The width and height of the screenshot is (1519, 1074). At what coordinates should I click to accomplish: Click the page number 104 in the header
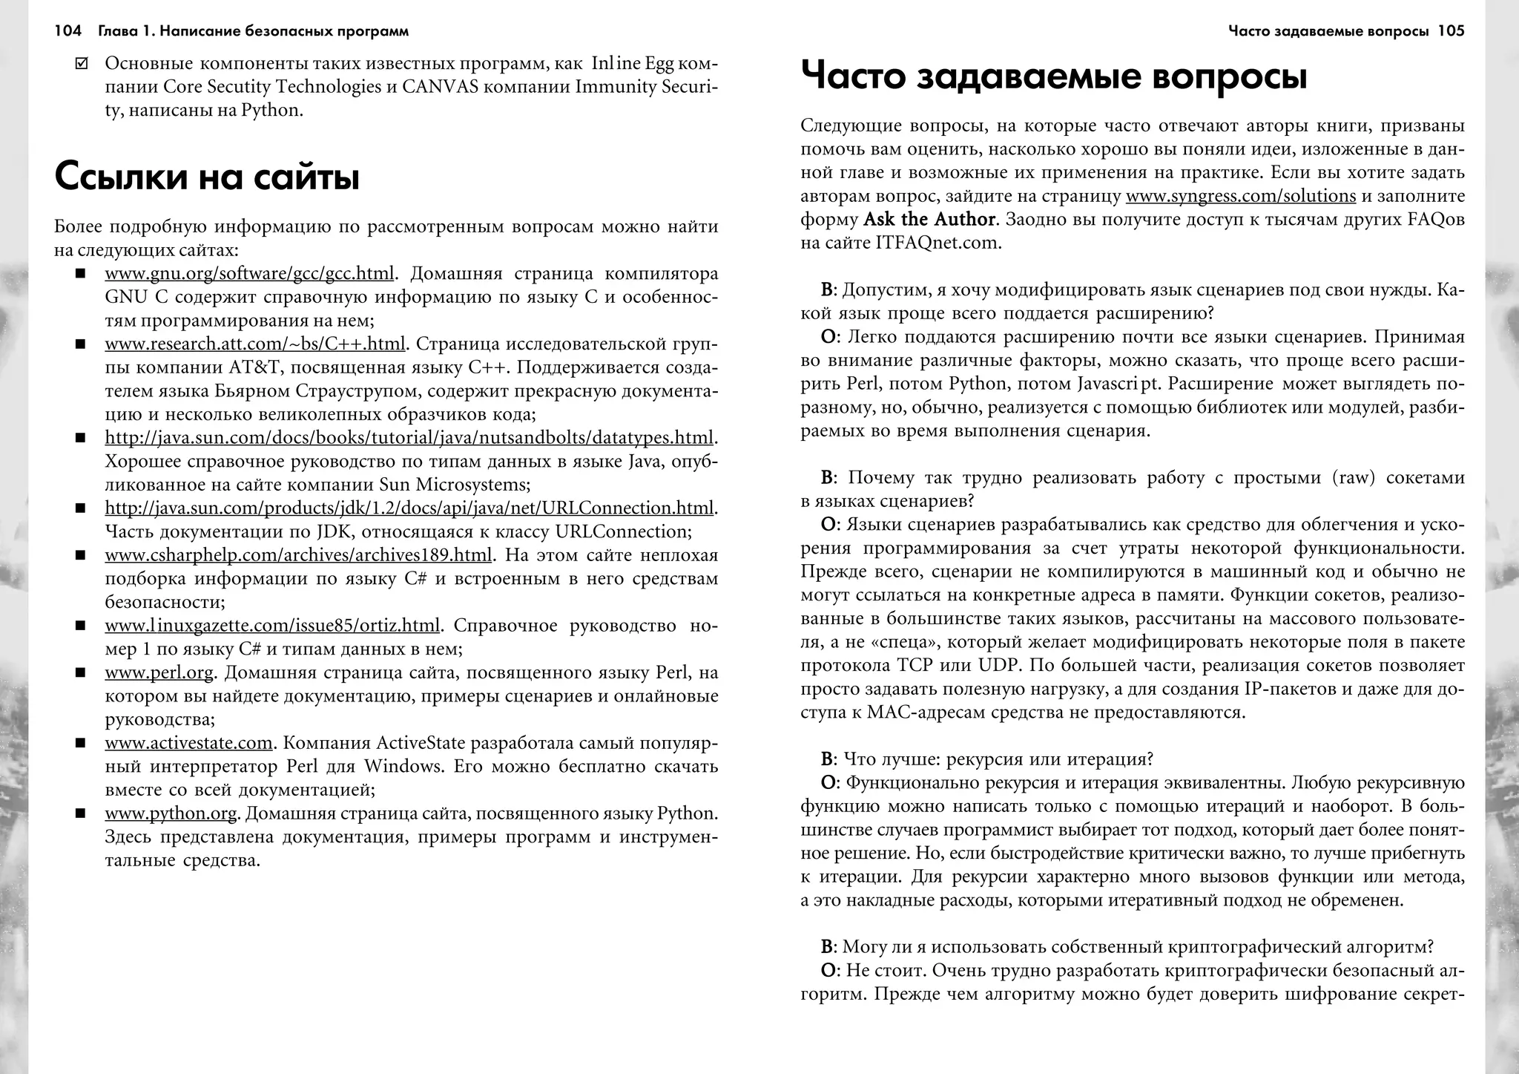(67, 31)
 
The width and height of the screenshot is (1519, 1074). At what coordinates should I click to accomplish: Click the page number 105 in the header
(1451, 31)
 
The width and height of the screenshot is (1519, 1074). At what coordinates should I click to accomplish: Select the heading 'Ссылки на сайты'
(207, 177)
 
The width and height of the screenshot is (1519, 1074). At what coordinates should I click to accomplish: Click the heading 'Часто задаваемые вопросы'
(1053, 77)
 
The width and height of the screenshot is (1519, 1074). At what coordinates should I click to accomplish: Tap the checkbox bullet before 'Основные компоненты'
(82, 64)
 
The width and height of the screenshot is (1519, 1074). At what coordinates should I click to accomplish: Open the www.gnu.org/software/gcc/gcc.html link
(249, 274)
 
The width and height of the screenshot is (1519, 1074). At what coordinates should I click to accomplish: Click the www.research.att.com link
(255, 344)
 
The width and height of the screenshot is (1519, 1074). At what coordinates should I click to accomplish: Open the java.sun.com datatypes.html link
(409, 438)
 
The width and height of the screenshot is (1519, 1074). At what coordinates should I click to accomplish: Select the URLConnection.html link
(409, 508)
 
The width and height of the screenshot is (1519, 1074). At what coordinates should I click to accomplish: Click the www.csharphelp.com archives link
(298, 555)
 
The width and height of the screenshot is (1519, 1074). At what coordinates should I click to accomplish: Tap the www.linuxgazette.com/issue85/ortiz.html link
(272, 626)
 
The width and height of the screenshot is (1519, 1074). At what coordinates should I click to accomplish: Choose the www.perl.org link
(159, 673)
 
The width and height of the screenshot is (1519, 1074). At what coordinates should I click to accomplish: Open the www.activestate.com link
(189, 743)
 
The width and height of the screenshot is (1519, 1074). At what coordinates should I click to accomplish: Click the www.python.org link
(171, 813)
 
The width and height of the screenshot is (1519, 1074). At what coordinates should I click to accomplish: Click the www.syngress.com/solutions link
(1240, 197)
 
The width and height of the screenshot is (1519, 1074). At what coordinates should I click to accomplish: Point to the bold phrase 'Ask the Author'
(929, 220)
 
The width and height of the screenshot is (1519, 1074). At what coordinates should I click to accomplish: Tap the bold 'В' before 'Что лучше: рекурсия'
(826, 759)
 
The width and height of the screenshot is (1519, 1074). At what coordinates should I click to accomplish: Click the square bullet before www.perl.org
(80, 673)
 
